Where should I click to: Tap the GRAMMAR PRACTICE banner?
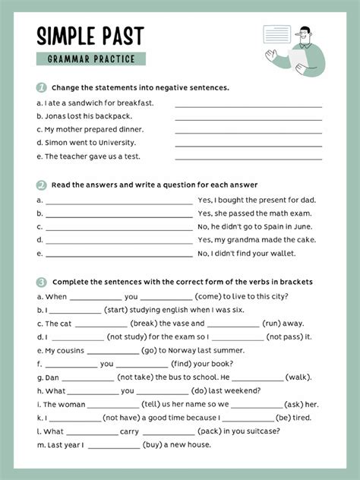tap(90, 59)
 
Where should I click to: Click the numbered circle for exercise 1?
tap(41, 87)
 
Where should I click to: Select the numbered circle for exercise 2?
tap(41, 185)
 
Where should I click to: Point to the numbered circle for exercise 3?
tap(41, 282)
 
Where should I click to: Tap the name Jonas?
tap(55, 116)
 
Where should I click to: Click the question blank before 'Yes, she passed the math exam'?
tap(119, 213)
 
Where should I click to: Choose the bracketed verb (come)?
tap(210, 296)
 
